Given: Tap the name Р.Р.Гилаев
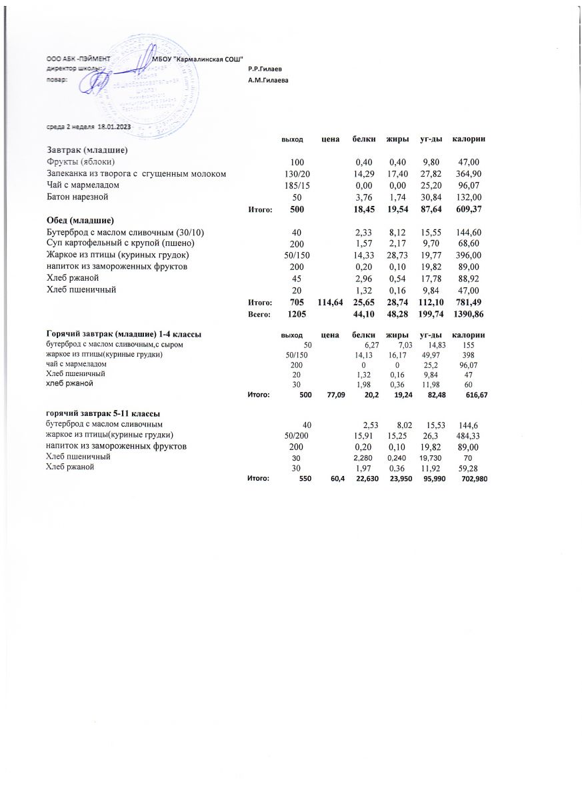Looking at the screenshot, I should pos(265,69).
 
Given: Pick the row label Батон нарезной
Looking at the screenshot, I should pos(77,197).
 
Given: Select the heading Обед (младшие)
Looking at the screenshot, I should pos(81,221).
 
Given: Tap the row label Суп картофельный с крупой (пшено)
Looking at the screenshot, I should pos(119,243).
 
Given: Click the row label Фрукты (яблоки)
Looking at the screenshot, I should pos(81,161).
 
